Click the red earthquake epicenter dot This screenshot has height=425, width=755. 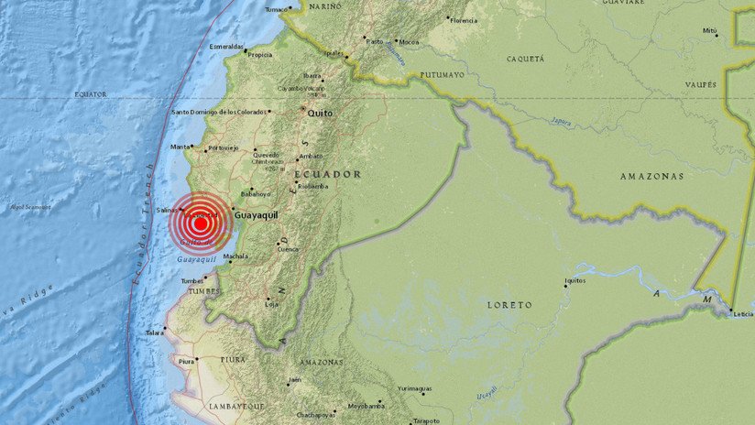click(x=200, y=222)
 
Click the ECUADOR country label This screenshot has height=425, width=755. click(x=327, y=174)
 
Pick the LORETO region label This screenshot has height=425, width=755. click(x=509, y=304)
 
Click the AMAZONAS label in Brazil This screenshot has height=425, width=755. click(x=651, y=176)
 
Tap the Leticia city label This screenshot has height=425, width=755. click(x=741, y=313)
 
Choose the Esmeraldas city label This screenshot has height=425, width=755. click(x=226, y=46)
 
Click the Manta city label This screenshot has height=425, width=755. click(x=180, y=147)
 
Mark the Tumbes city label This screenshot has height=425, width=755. click(x=192, y=280)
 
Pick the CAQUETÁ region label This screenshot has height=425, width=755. click(x=525, y=59)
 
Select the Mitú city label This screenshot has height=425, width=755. click(x=709, y=30)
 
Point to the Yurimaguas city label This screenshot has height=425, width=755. click(x=414, y=388)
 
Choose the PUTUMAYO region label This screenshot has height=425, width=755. click(x=443, y=75)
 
